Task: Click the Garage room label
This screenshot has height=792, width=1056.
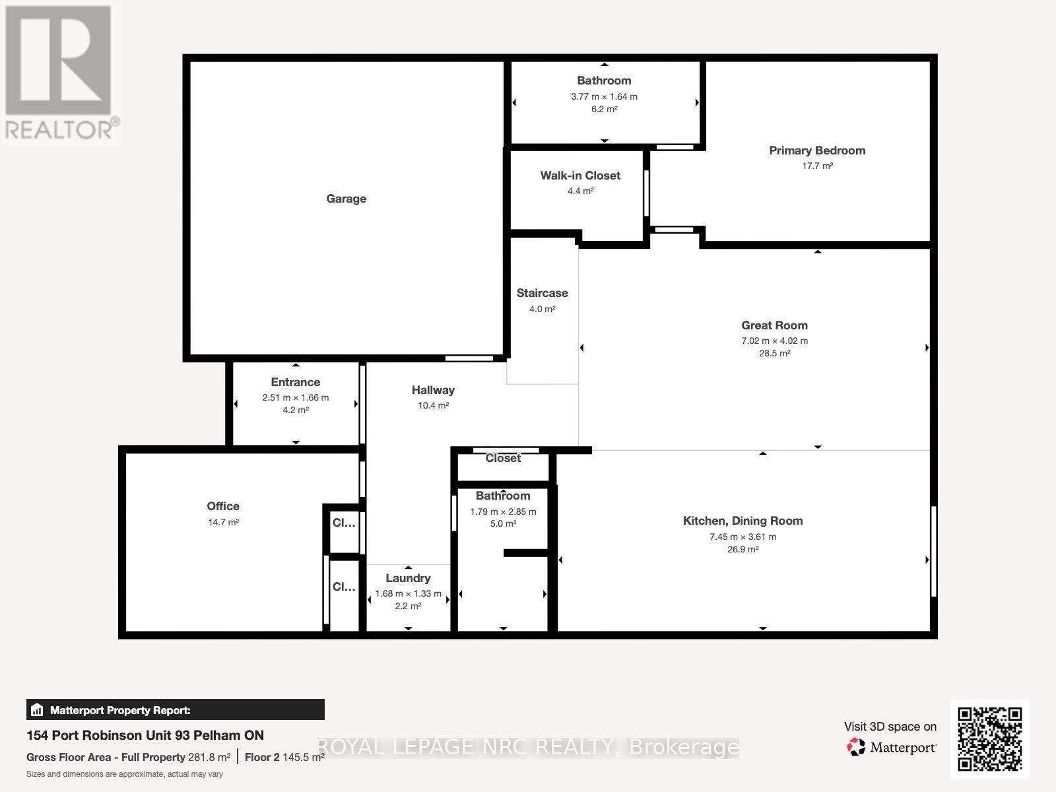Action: (x=346, y=199)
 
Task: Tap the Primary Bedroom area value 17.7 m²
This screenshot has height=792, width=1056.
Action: (x=817, y=166)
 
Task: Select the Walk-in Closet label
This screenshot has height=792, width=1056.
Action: (x=580, y=176)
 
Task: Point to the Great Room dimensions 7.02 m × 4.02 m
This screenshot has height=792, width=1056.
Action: (x=774, y=341)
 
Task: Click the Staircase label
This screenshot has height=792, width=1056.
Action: (x=542, y=293)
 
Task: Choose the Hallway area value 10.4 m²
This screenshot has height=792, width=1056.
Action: (x=433, y=406)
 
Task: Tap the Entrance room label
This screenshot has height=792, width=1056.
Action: (x=295, y=382)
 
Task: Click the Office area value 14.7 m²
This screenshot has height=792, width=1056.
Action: (x=223, y=522)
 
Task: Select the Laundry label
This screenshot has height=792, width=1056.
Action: (x=408, y=578)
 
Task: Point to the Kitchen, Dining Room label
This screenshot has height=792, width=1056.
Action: (x=742, y=521)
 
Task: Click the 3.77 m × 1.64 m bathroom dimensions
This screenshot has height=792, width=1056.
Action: (x=604, y=96)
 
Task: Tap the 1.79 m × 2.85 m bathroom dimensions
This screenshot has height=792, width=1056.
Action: (x=503, y=511)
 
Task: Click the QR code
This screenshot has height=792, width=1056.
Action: (x=989, y=739)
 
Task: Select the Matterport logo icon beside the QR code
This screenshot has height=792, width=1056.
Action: (x=856, y=747)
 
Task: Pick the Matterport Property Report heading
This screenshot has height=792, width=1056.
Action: (x=120, y=710)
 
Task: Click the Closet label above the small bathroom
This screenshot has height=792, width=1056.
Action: (x=503, y=458)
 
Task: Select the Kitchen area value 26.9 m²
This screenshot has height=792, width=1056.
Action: (x=742, y=549)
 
